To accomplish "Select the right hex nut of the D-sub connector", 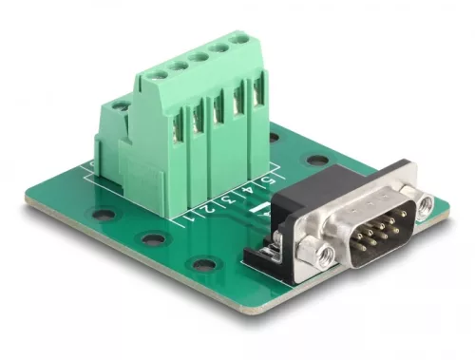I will pos(425,203).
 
